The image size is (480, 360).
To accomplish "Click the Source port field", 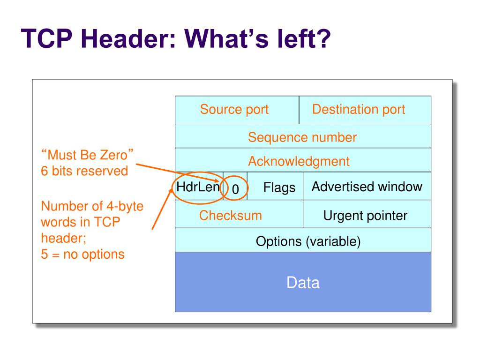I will [234, 110].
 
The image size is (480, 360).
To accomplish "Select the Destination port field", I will [359, 110].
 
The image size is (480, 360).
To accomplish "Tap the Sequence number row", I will [302, 137].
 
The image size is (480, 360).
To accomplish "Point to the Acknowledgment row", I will [299, 162].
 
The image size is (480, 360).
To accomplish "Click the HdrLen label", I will [198, 187].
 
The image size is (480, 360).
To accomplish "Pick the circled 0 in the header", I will [236, 189].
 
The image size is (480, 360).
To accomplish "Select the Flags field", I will [279, 188].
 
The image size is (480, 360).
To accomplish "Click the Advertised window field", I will [367, 187].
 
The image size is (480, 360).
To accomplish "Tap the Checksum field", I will [231, 216].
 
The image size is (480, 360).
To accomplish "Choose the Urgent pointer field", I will [365, 216].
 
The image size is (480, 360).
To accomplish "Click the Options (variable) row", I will [308, 241].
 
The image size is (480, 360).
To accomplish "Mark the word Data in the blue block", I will [303, 283].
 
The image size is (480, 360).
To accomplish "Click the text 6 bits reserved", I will [84, 171].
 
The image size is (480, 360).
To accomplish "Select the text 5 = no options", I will [82, 254].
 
